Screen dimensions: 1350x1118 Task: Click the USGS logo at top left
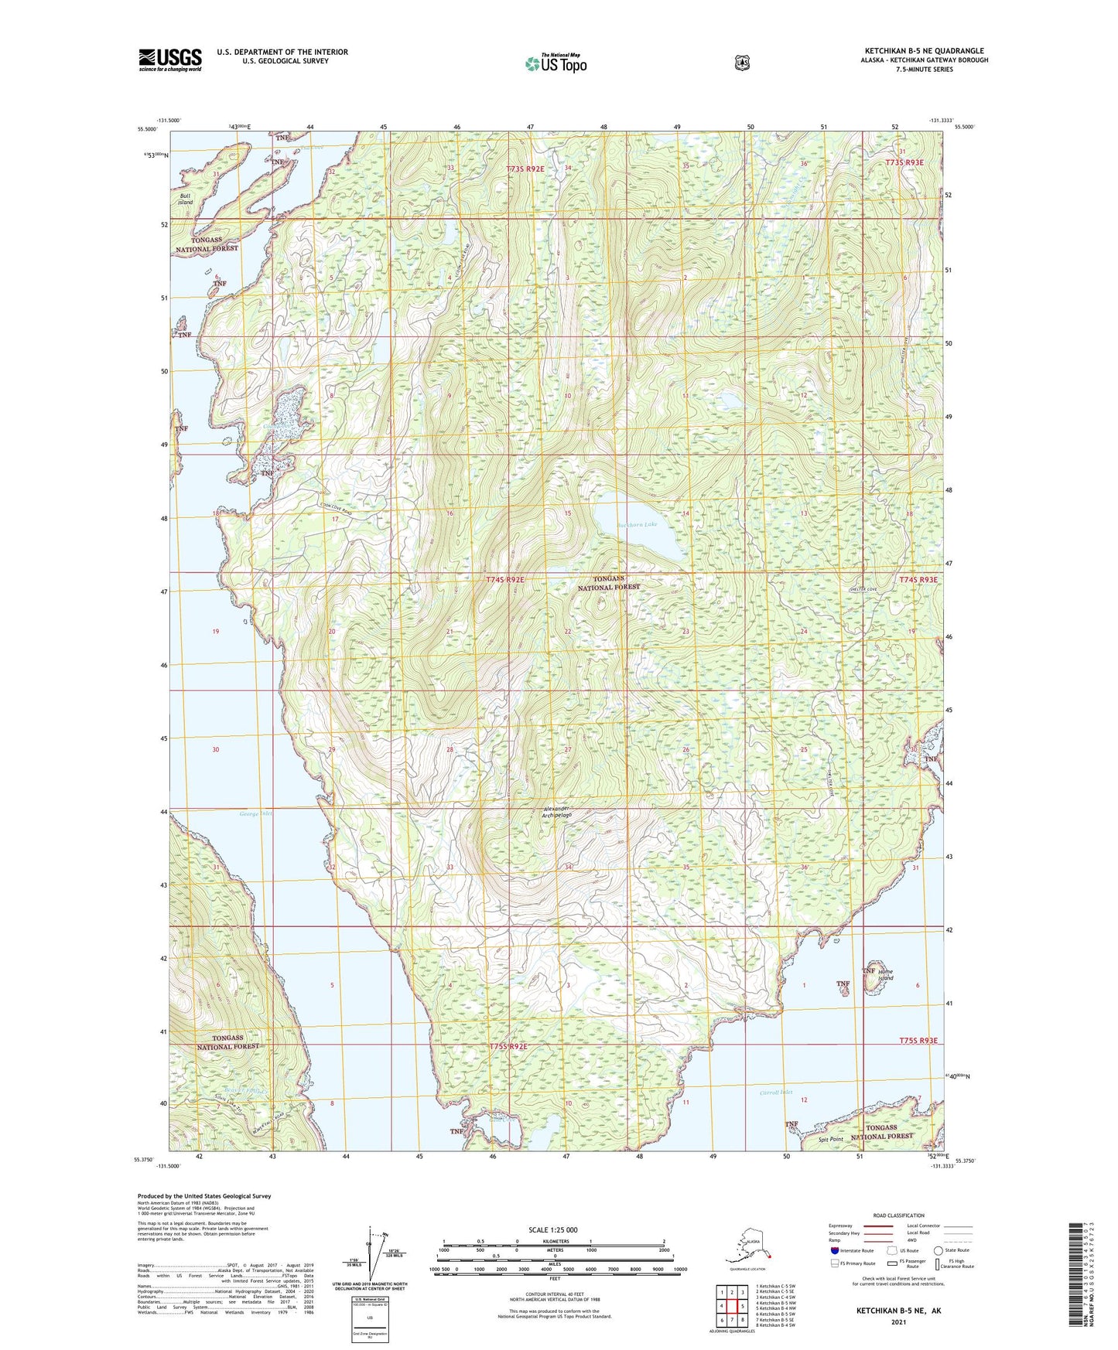(x=170, y=60)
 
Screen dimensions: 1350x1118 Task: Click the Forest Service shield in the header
(x=742, y=63)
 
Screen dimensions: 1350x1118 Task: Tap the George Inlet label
(x=256, y=813)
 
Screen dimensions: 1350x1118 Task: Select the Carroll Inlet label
(x=776, y=1093)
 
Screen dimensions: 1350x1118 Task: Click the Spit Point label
(x=832, y=1140)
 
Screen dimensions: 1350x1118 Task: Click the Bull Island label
(x=185, y=199)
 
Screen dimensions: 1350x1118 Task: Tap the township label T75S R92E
(x=508, y=1046)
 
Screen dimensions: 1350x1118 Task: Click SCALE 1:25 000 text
(x=552, y=1229)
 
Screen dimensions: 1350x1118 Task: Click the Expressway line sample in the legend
(x=878, y=1226)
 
